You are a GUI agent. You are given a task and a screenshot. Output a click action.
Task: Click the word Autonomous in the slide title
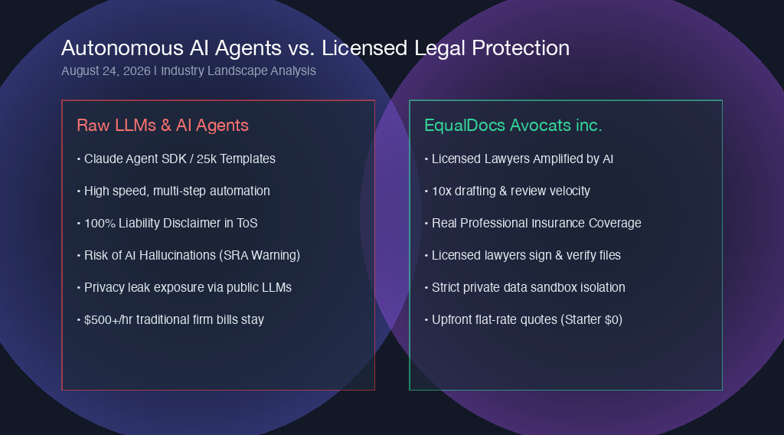(122, 48)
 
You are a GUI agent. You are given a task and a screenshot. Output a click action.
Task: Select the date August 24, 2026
(106, 71)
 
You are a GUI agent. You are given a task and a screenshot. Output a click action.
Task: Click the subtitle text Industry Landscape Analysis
(238, 71)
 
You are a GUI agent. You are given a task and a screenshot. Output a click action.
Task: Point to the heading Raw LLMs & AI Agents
(162, 125)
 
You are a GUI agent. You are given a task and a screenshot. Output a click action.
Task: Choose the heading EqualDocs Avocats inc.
(513, 125)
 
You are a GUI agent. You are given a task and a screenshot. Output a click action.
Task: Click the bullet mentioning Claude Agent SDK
(176, 159)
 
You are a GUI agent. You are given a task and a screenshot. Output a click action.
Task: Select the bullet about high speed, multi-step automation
(174, 191)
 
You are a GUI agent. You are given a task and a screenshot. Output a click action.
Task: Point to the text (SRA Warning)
(260, 256)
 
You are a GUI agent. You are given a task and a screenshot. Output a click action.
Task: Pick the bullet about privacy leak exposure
(185, 287)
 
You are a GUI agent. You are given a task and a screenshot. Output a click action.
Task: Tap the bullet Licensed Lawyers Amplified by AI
(519, 159)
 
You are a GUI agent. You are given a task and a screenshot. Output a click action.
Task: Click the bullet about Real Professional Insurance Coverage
(533, 223)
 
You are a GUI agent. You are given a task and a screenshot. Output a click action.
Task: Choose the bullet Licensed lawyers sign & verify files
(522, 256)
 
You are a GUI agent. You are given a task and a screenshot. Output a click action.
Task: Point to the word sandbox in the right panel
(553, 287)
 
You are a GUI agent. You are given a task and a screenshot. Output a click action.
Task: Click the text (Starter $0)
(591, 319)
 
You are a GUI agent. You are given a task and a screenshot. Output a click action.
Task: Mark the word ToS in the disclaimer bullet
(247, 223)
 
